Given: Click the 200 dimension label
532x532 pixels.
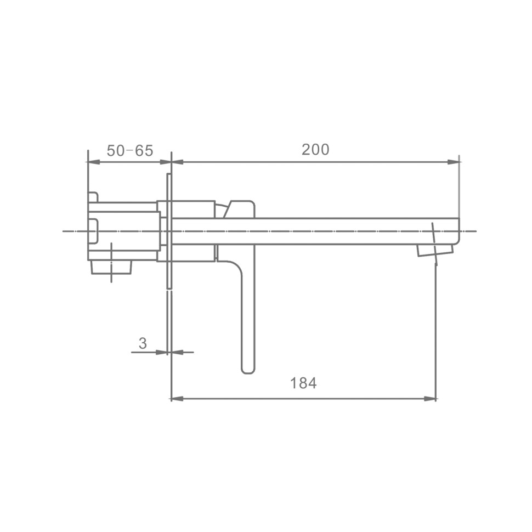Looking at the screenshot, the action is point(315,150).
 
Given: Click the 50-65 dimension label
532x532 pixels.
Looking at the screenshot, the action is point(130,151).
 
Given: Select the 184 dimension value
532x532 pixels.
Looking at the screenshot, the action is point(303,383).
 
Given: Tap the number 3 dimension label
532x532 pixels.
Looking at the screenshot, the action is point(143,343).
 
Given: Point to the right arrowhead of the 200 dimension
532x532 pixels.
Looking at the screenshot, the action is point(453,162).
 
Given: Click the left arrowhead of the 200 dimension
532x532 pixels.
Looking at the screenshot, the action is point(178,162).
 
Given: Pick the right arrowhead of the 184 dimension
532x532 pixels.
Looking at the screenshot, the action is point(430,399).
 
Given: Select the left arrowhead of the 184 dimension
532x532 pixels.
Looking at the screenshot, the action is point(178,399).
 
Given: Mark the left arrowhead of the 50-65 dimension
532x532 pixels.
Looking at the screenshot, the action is point(94,162).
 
